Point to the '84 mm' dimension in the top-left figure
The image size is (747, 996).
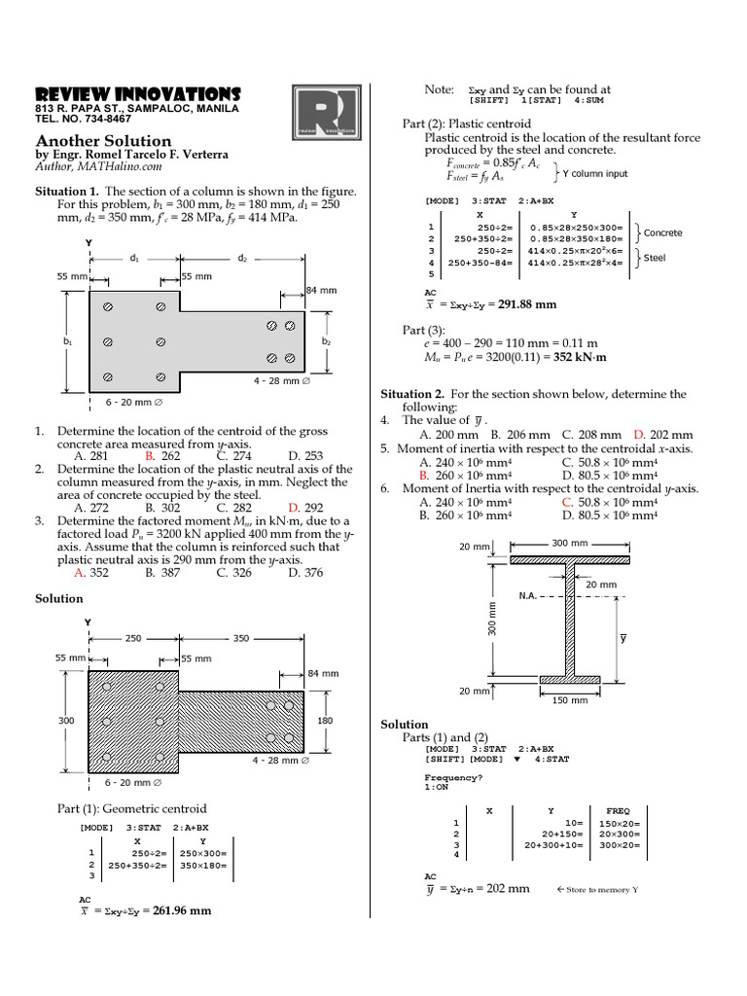click(321, 291)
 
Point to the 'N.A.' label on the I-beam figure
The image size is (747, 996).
click(530, 595)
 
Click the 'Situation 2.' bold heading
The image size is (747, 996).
click(417, 394)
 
